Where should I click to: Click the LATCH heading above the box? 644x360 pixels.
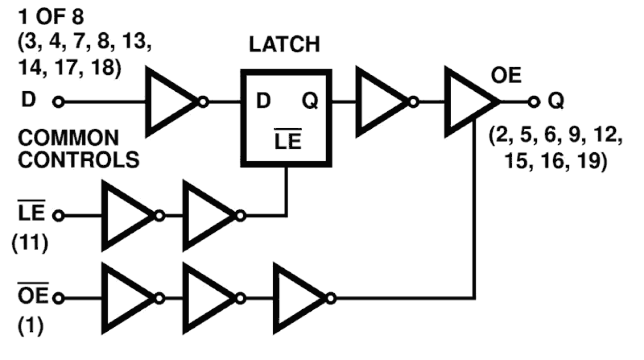click(x=285, y=45)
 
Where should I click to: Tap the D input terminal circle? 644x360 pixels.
click(x=59, y=103)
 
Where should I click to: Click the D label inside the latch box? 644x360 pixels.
click(x=263, y=103)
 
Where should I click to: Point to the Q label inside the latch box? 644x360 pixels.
click(x=310, y=103)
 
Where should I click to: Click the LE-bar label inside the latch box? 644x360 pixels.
click(x=288, y=141)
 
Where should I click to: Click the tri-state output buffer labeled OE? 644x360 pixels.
click(x=468, y=103)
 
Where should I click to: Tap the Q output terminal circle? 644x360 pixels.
click(x=534, y=103)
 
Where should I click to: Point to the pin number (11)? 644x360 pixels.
click(x=30, y=244)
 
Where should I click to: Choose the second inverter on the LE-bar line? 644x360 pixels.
click(x=209, y=216)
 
